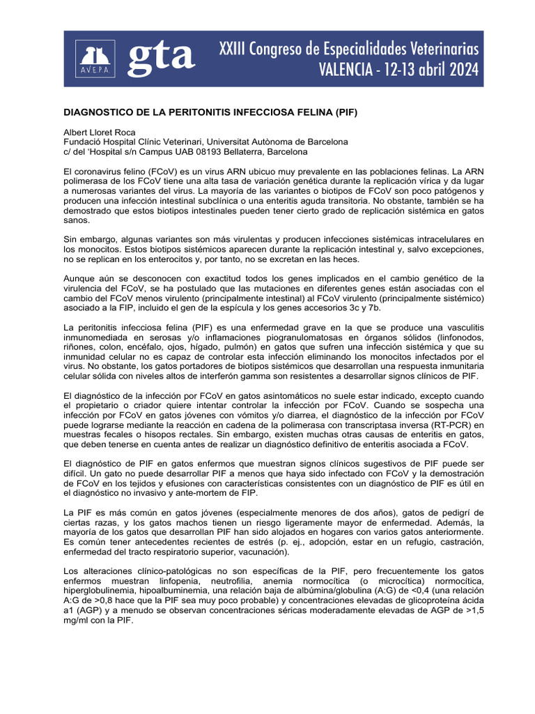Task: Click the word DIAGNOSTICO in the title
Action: [x=101, y=112]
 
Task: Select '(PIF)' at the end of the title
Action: [x=343, y=112]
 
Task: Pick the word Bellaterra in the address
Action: [x=258, y=152]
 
